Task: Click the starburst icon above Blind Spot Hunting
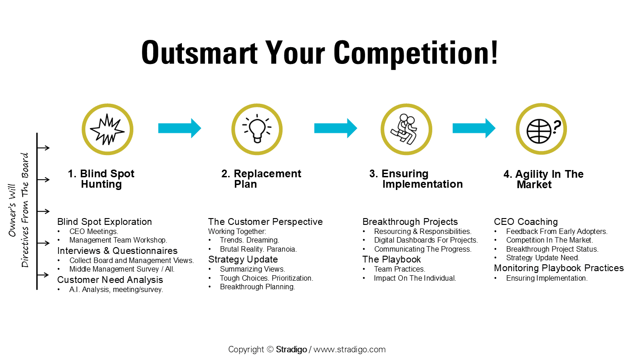click(107, 129)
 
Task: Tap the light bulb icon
click(257, 129)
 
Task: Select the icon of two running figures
click(406, 129)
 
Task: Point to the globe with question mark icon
click(541, 129)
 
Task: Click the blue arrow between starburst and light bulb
click(179, 128)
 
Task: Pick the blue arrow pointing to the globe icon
click(474, 128)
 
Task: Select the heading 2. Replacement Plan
click(261, 179)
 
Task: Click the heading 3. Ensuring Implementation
click(416, 179)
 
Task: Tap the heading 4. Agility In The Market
click(543, 180)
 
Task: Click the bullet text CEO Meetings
click(93, 231)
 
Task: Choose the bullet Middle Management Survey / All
click(122, 269)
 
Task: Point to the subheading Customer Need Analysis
click(110, 279)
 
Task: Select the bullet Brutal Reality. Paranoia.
click(258, 249)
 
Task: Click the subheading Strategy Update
click(243, 259)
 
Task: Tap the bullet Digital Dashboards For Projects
click(425, 240)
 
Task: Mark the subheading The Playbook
click(391, 259)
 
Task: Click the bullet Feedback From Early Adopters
click(557, 231)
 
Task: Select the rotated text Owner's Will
click(12, 210)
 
